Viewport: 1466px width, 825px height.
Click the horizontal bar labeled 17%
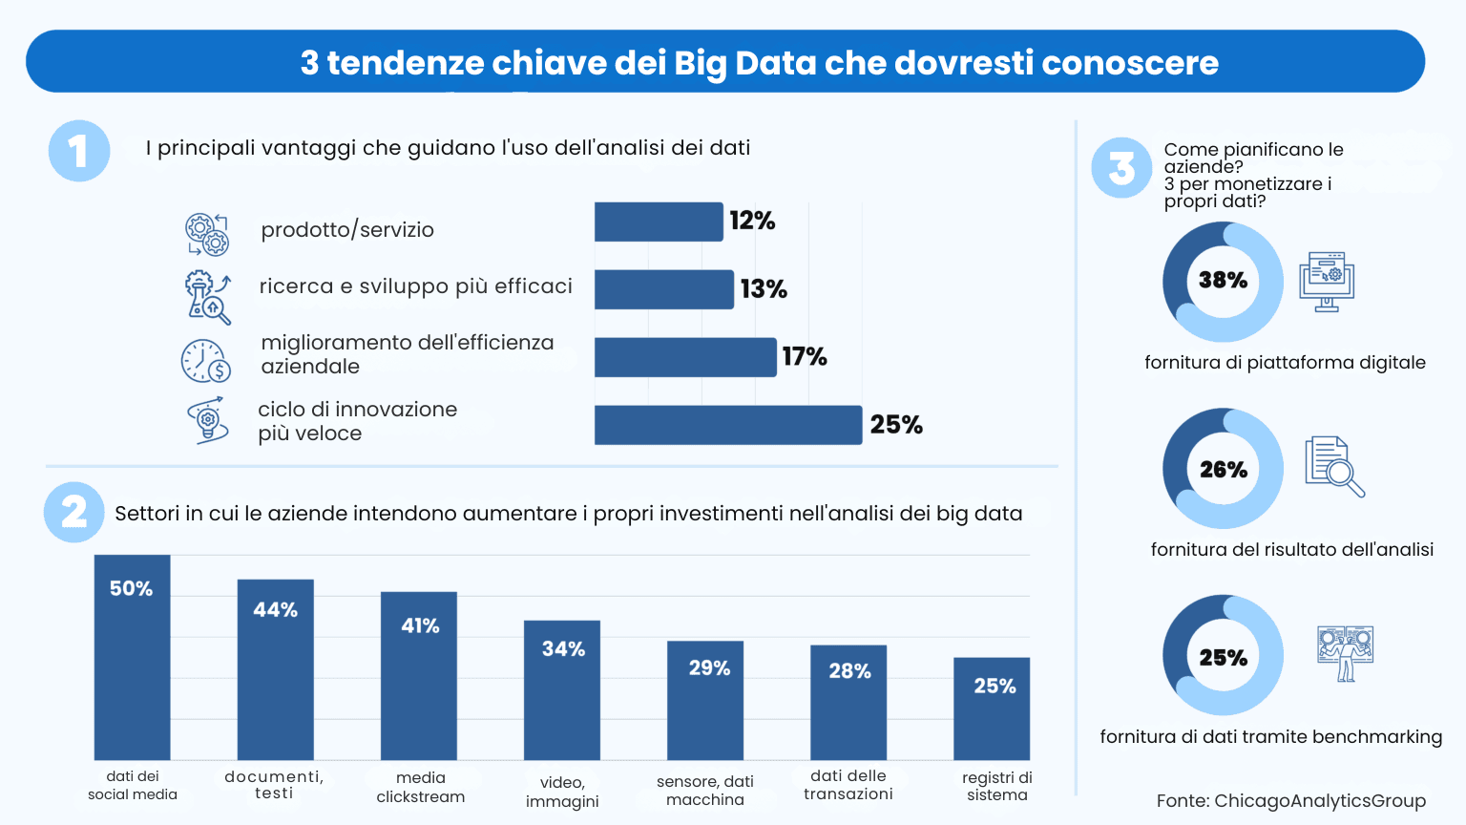[x=684, y=357]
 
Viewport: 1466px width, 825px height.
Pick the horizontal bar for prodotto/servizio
[x=658, y=222]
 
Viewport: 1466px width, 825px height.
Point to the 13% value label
[x=764, y=289]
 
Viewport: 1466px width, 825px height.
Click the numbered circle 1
[x=79, y=151]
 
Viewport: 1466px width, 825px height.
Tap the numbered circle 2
[x=74, y=513]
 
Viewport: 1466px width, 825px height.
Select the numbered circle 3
[x=1121, y=168]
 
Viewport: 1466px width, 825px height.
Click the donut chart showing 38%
[x=1223, y=282]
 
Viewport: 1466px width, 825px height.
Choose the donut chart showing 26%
[x=1223, y=469]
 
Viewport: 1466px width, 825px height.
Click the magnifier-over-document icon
[x=1333, y=466]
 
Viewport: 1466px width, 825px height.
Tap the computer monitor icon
[x=1326, y=282]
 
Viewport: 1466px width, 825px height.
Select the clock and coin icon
[x=206, y=361]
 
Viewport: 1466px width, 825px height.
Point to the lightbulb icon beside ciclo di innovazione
[x=208, y=420]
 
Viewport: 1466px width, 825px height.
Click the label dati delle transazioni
[x=848, y=785]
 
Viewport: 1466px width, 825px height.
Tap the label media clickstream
[x=420, y=787]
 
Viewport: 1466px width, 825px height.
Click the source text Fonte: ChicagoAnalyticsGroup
[x=1290, y=801]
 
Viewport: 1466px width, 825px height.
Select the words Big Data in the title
[x=744, y=63]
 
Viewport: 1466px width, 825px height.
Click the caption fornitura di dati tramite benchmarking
[x=1270, y=737]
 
